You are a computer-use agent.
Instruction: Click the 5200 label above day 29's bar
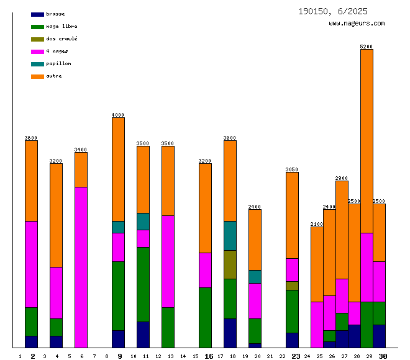(367, 47)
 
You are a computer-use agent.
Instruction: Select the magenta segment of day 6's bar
(81, 267)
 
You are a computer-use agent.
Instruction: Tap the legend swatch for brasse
(37, 14)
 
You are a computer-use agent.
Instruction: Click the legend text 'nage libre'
(61, 27)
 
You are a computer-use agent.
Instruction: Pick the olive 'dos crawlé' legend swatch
(37, 39)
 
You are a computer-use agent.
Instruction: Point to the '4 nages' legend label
(57, 52)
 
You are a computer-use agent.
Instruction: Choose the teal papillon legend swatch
(37, 64)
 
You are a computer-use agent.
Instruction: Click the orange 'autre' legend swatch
(37, 76)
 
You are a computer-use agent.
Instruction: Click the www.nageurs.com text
(357, 24)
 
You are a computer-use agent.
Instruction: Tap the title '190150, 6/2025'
(332, 11)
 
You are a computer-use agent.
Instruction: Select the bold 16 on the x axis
(209, 356)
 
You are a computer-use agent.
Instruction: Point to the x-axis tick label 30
(383, 356)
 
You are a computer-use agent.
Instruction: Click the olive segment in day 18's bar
(230, 264)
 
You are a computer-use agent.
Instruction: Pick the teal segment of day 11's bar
(143, 221)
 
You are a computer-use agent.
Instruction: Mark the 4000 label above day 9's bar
(118, 115)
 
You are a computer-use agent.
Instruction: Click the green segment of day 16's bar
(205, 317)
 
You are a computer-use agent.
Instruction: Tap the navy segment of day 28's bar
(354, 336)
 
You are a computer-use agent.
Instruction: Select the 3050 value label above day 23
(292, 169)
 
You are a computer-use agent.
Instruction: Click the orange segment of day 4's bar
(56, 215)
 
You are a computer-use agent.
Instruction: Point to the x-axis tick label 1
(20, 356)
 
